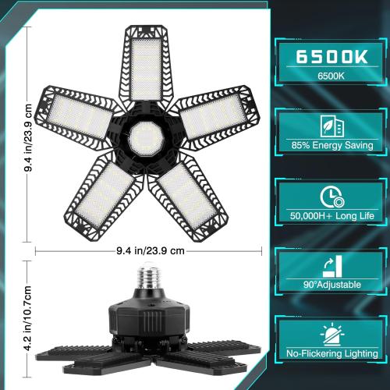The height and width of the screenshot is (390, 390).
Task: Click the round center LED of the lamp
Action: [145, 137]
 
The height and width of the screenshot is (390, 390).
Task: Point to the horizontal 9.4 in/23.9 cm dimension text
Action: [149, 251]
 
